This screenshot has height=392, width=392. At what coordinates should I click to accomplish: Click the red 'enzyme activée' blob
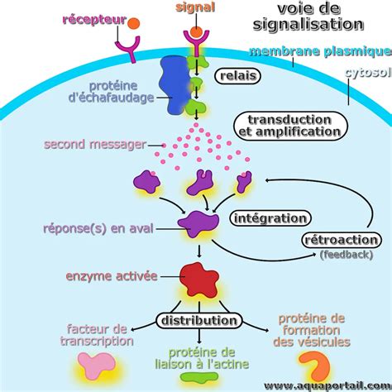coord(199,279)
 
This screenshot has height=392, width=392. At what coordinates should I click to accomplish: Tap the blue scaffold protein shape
coord(174,84)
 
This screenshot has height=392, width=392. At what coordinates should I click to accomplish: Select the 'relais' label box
coord(237,76)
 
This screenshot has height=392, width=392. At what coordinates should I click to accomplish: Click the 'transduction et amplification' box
coord(290,126)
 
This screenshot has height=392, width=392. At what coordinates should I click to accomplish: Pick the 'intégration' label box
coord(270,218)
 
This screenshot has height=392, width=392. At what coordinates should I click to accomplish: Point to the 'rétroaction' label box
coord(342,240)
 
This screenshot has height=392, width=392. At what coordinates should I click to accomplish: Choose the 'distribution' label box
coord(199,321)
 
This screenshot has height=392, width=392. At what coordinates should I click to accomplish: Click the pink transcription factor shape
coord(95,365)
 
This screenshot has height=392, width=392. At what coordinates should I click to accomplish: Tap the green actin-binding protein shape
coord(199,377)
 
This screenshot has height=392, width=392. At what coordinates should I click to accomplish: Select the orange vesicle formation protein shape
coord(317,366)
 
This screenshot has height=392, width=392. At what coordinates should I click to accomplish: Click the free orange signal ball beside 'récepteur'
coord(134,23)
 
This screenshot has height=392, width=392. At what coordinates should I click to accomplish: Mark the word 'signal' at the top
coord(195,7)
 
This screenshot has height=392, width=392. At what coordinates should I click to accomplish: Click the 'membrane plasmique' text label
coord(320,51)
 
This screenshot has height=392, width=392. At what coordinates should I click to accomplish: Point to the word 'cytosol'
coord(368,73)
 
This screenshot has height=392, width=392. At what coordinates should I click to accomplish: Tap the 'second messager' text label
coord(95,145)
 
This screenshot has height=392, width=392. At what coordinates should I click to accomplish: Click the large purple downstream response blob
coord(198,224)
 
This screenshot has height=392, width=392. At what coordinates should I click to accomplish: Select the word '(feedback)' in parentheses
coord(347,255)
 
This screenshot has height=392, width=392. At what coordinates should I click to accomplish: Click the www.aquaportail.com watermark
coord(327,385)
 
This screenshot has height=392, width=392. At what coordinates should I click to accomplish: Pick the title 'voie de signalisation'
coord(308,17)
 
